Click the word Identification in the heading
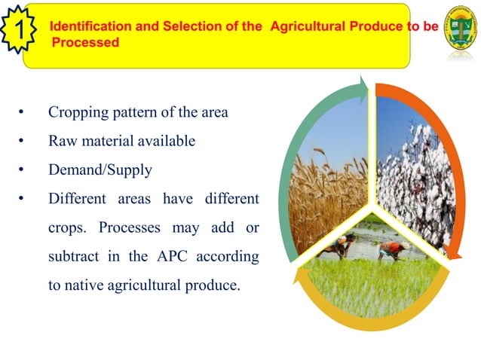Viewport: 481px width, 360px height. point(84,27)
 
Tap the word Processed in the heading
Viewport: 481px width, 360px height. point(84,42)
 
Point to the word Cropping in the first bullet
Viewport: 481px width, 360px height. point(75,113)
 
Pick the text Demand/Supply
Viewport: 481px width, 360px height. point(100,169)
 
